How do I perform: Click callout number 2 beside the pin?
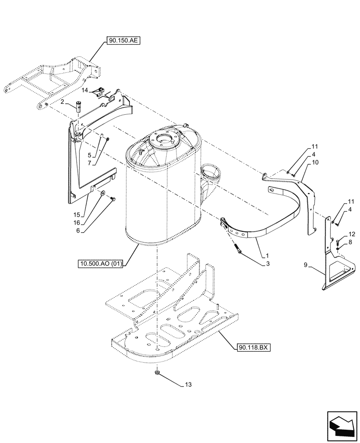tap(63, 102)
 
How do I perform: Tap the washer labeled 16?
tap(102, 193)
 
